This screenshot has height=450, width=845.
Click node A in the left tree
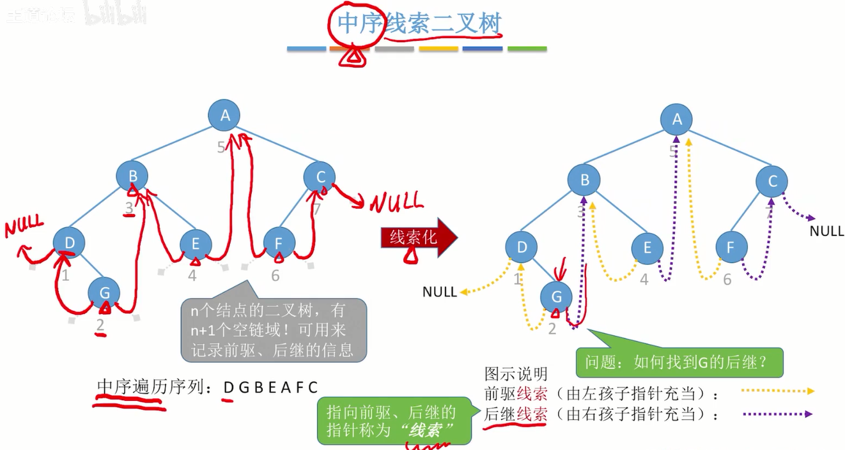point(224,116)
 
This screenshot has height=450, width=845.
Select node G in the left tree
point(104,292)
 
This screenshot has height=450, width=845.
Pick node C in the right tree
point(772,181)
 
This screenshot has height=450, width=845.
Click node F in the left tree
point(279,243)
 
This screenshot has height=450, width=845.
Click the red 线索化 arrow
point(419,238)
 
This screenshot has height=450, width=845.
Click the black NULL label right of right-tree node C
point(826,231)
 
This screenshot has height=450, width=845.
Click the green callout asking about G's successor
point(680,363)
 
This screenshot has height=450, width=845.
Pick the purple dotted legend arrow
point(779,414)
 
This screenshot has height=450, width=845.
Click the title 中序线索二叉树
point(419,24)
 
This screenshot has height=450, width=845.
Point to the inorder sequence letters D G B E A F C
point(270,387)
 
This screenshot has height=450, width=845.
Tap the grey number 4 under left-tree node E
point(192,276)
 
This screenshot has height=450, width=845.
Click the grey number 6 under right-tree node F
point(727,280)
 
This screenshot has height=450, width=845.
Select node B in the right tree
point(585,181)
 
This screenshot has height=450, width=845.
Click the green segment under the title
point(527,49)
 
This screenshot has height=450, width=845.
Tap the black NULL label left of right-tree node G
point(439,292)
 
